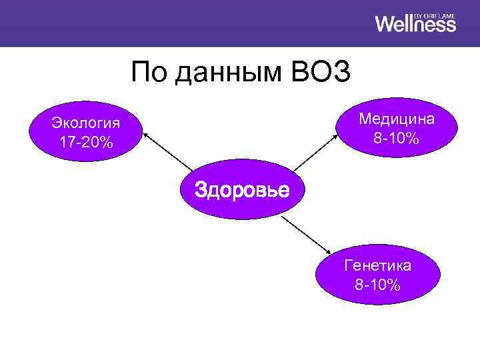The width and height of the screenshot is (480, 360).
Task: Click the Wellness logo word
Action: pos(415,24)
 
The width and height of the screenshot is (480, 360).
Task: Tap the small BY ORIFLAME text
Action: pos(435,14)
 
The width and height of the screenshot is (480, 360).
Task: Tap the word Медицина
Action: pos(397,119)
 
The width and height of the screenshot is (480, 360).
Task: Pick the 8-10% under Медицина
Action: pos(397,138)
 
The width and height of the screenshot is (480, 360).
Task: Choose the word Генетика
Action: pos(377,265)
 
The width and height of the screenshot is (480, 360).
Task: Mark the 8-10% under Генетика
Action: pos(377,285)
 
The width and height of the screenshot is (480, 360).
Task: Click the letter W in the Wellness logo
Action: pos(385,24)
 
